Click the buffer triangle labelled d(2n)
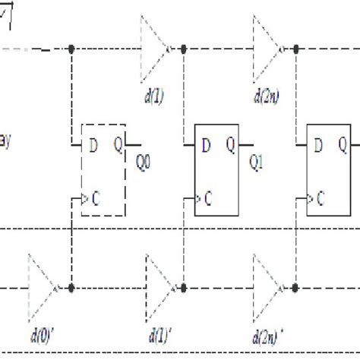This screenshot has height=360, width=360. (x=266, y=50)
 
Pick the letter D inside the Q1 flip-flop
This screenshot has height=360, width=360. (x=205, y=142)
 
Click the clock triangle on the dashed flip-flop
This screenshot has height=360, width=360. (x=84, y=200)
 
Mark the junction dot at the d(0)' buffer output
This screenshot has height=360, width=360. (x=71, y=289)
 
